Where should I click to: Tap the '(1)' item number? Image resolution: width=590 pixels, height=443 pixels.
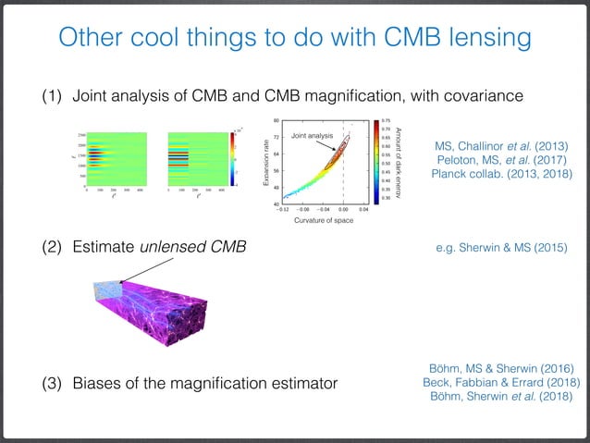point(51,94)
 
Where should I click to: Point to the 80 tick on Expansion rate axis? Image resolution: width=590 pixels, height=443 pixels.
point(276,121)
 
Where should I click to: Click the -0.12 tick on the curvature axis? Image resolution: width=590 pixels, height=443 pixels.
point(286,210)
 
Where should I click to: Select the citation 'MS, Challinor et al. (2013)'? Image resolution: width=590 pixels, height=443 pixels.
point(500,145)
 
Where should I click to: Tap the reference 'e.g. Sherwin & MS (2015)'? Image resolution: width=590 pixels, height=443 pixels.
point(500,248)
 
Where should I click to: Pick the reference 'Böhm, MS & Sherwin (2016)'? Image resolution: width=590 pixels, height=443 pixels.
point(500,367)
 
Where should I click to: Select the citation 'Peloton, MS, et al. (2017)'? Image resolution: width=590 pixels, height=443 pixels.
point(500,161)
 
